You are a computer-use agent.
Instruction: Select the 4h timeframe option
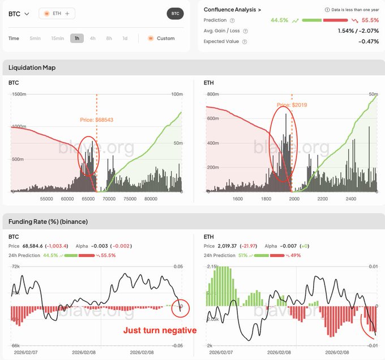pos(93,38)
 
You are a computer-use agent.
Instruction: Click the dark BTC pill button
pos(176,14)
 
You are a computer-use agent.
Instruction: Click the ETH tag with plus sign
pos(57,13)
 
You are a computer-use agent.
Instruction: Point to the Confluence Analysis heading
pos(232,10)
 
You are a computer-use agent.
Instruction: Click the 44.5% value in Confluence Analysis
pos(279,20)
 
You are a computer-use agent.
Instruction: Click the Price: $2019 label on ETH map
pos(292,105)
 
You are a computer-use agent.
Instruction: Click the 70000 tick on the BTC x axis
pos(110,199)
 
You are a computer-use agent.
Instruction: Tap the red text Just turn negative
pos(160,331)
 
